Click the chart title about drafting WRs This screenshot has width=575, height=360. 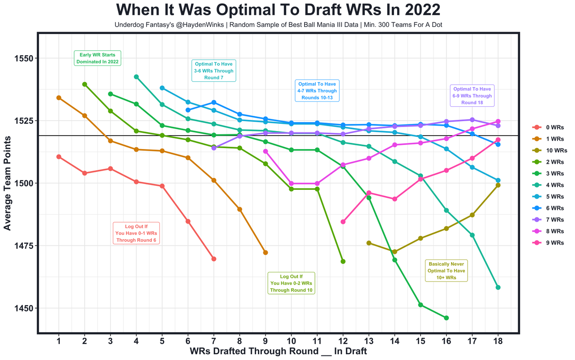(278, 10)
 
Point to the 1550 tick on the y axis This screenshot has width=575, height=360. (22, 58)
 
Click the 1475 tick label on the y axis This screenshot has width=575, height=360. (22, 246)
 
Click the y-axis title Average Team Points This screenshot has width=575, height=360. (7, 184)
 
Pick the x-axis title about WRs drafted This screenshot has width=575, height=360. (278, 351)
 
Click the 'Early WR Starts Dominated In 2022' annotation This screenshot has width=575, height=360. (97, 58)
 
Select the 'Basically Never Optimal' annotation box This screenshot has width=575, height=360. (447, 271)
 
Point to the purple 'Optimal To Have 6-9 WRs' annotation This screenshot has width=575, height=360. (472, 96)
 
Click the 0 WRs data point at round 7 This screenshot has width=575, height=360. (214, 259)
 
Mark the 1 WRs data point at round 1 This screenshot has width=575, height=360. (59, 97)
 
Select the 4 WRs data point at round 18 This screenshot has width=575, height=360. (498, 287)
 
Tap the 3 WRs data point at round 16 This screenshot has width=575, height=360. (446, 318)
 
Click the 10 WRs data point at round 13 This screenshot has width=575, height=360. (369, 243)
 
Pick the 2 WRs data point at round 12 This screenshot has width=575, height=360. (343, 261)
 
